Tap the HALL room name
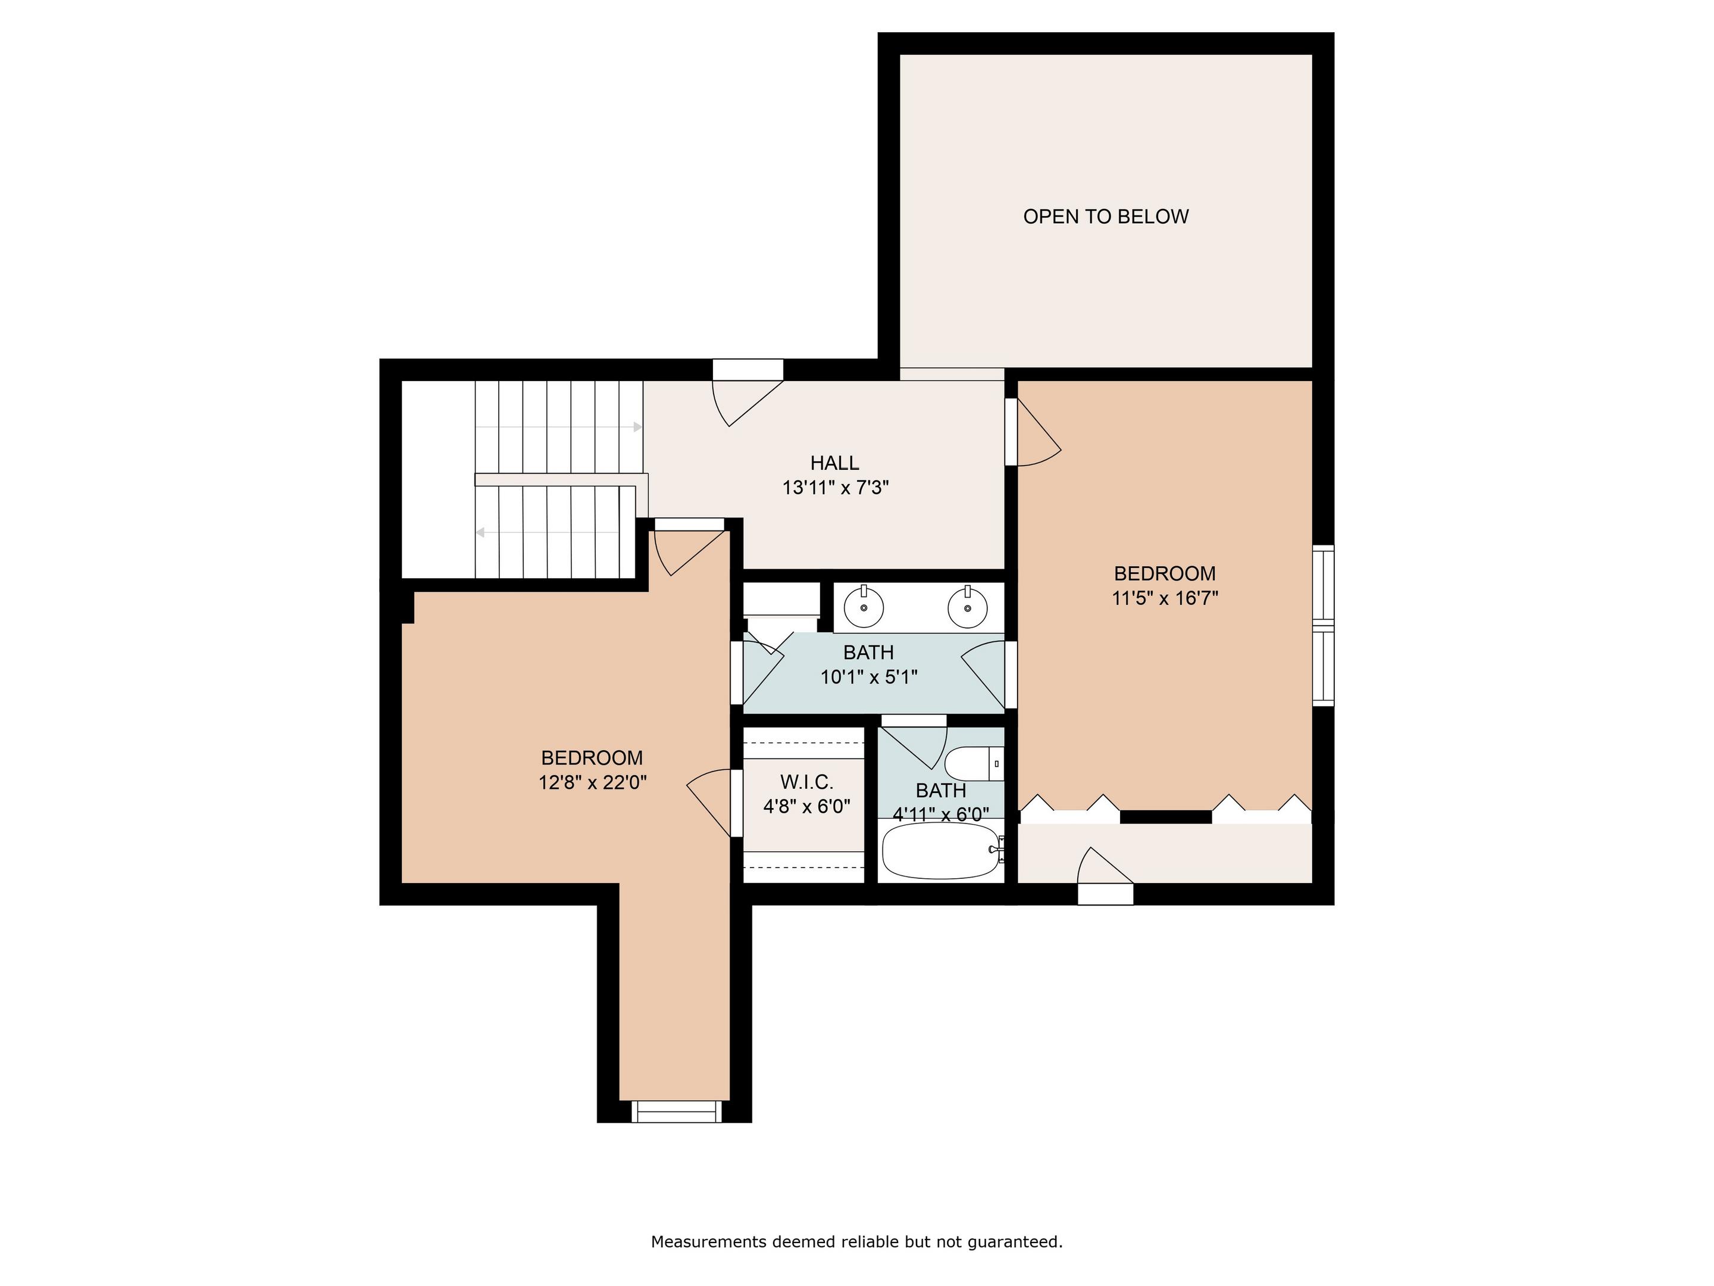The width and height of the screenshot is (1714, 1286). (x=834, y=463)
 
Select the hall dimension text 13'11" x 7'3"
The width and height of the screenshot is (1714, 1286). (x=836, y=488)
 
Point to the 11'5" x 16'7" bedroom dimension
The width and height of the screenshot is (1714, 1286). (x=1165, y=598)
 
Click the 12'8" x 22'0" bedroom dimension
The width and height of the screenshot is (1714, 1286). (x=593, y=783)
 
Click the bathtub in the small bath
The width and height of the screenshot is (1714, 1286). (x=942, y=850)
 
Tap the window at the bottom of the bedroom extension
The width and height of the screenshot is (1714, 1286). (x=677, y=1111)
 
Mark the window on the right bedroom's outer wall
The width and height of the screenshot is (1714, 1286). (x=1324, y=626)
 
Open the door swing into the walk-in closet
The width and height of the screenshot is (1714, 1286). (x=709, y=804)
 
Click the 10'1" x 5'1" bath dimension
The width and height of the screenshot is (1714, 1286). (x=869, y=678)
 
